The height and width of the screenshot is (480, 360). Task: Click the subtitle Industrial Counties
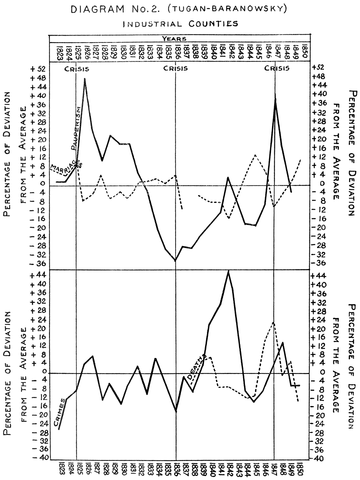[180, 24]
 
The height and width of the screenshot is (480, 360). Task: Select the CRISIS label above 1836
[175, 69]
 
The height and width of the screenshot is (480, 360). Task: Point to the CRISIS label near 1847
[277, 69]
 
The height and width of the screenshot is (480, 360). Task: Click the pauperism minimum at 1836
[175, 261]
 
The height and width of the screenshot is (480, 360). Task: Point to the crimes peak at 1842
[228, 271]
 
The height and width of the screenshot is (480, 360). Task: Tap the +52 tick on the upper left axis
[38, 70]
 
